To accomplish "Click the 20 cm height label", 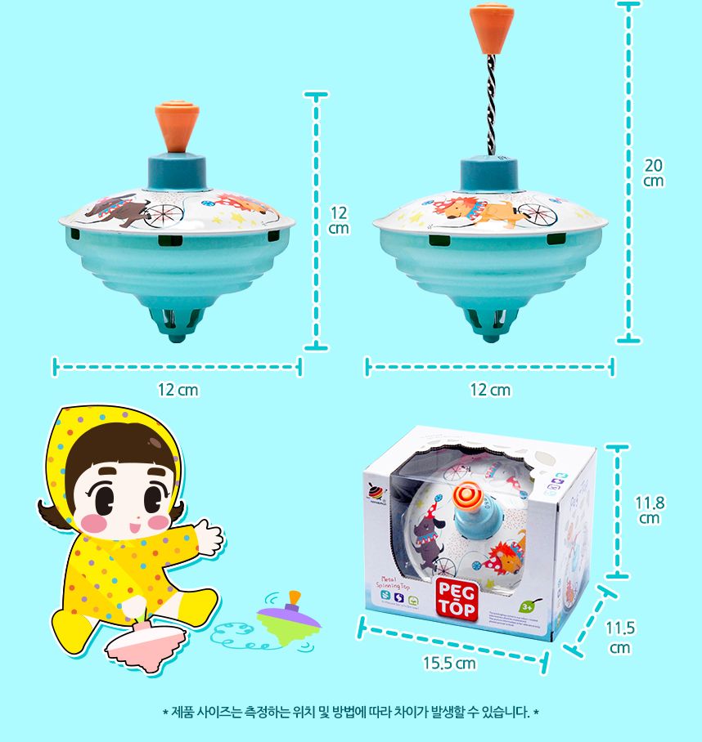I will click(653, 172).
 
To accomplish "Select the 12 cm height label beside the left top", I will click(339, 221).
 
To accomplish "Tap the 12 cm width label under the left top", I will click(178, 390).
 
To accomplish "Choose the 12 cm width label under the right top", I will click(490, 390).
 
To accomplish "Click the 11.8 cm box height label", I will click(650, 510).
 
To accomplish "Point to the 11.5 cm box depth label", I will click(619, 637).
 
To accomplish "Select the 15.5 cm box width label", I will click(449, 663).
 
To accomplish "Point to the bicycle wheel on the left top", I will click(164, 213).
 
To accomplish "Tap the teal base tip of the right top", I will click(490, 324).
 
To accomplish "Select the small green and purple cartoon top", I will click(288, 621).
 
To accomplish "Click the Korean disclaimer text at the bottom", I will click(351, 712).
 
